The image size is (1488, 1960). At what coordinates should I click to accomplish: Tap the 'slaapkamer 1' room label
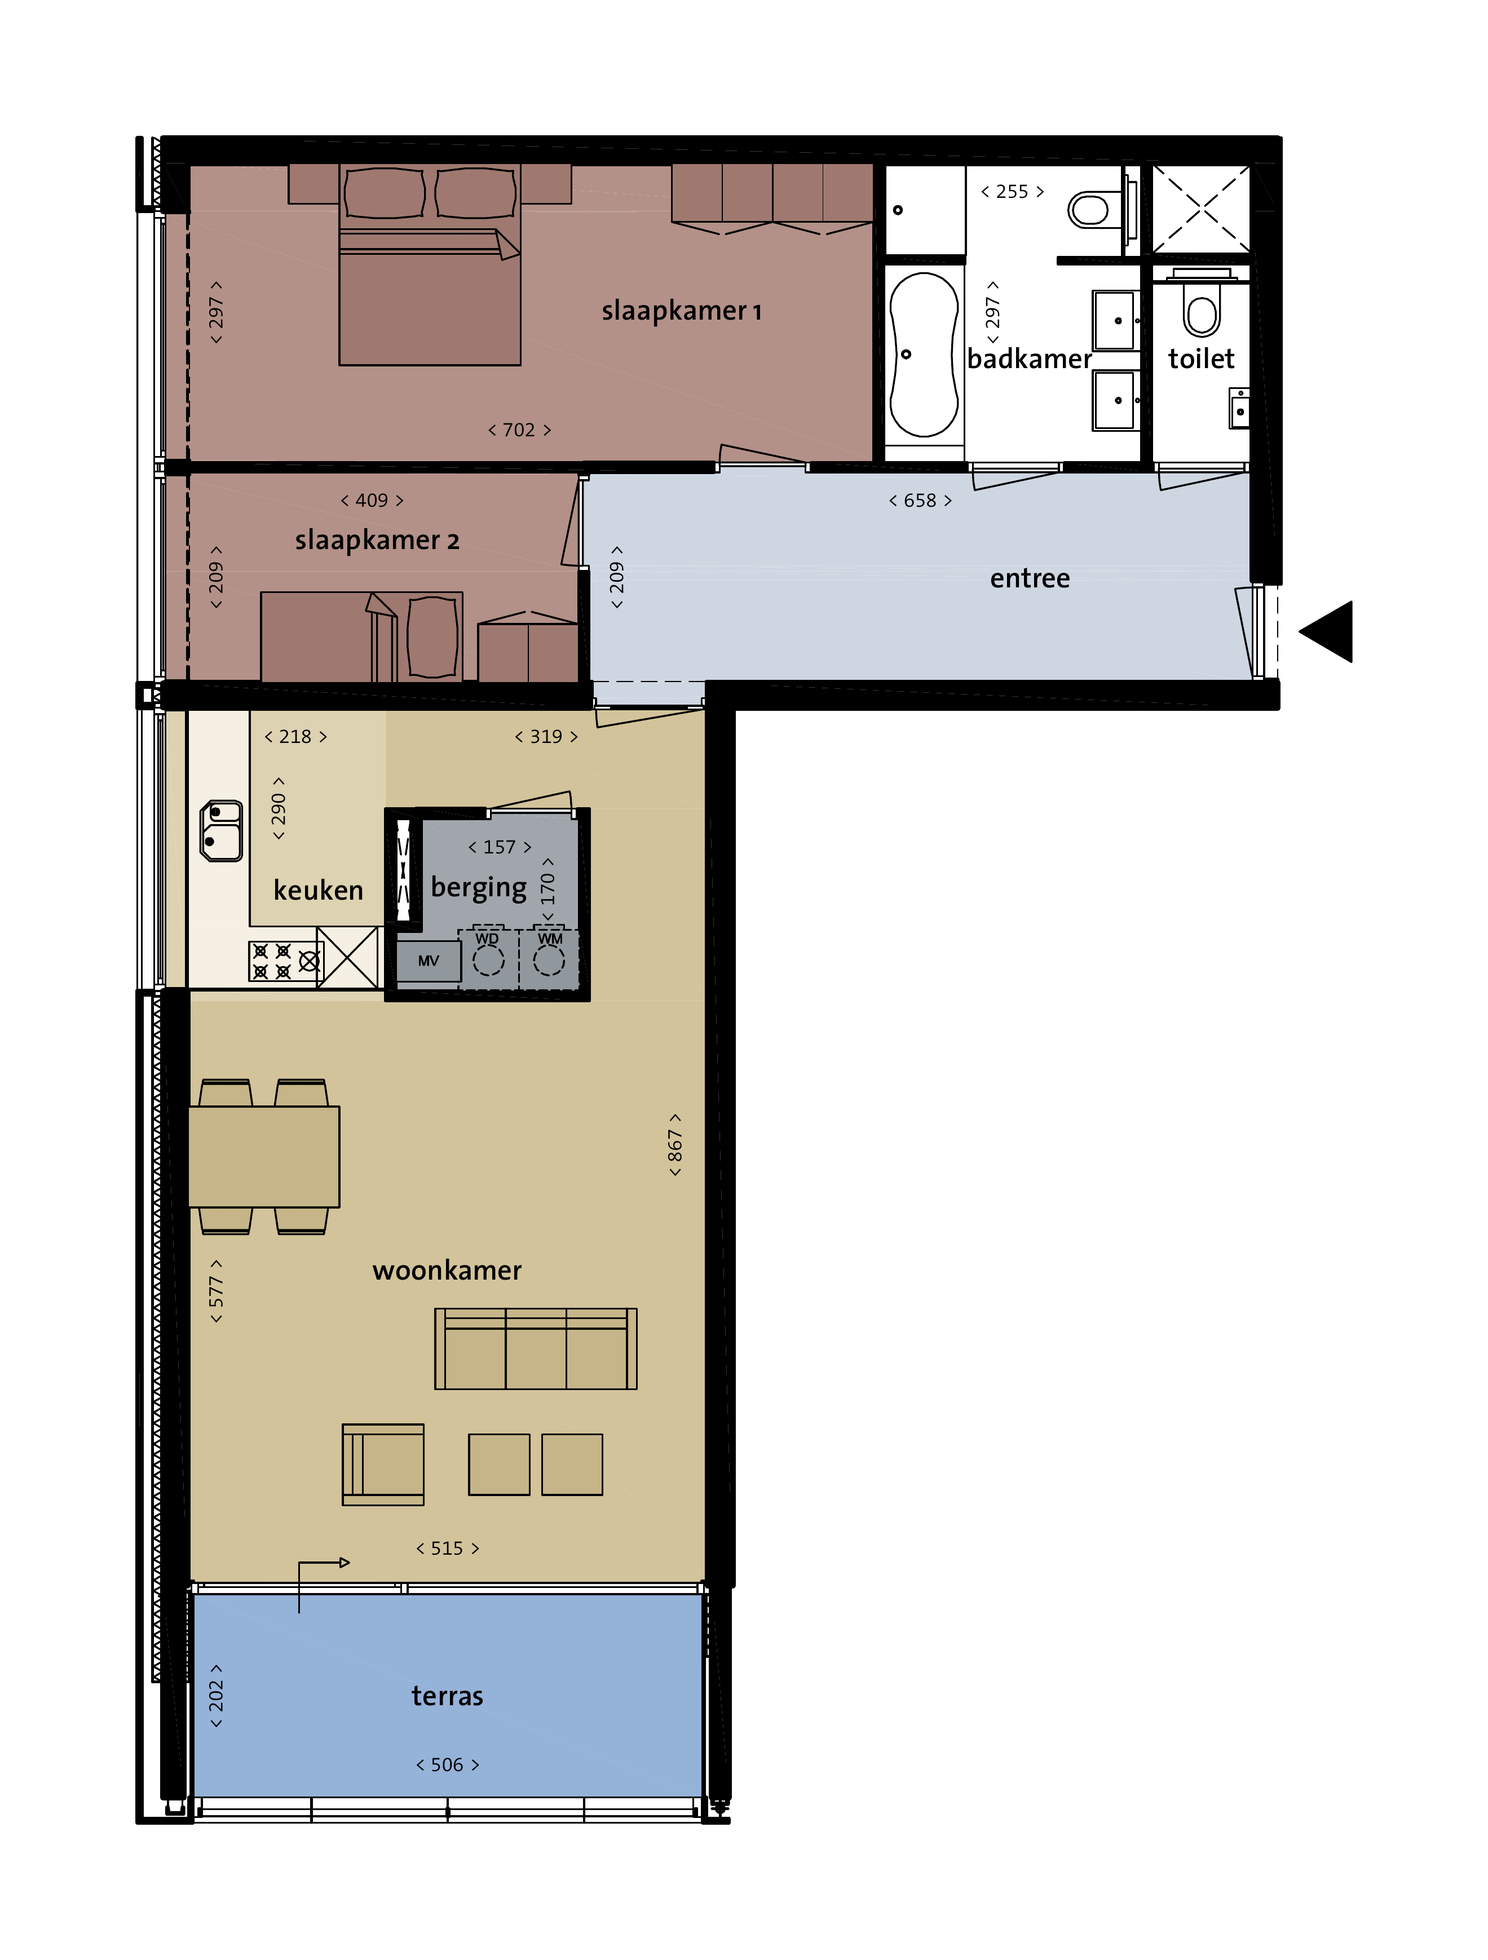[682, 311]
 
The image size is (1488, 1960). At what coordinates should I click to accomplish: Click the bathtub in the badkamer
[924, 355]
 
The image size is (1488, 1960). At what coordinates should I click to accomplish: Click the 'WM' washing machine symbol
[549, 957]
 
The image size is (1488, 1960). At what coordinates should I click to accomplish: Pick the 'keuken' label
[318, 890]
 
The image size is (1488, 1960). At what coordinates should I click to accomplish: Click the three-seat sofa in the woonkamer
[535, 1348]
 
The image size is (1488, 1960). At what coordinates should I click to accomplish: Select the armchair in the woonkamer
[383, 1464]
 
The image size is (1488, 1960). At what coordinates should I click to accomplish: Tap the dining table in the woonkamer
[264, 1156]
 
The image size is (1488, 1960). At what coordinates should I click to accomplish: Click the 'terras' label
[448, 1696]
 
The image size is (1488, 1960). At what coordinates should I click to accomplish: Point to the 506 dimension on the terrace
[448, 1765]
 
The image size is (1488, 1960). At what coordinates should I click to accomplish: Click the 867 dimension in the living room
[675, 1145]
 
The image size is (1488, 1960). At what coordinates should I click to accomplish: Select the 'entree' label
[1030, 578]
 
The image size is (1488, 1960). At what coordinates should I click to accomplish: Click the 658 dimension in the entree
[920, 501]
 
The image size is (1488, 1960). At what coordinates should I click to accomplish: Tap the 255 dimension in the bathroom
[1012, 192]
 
